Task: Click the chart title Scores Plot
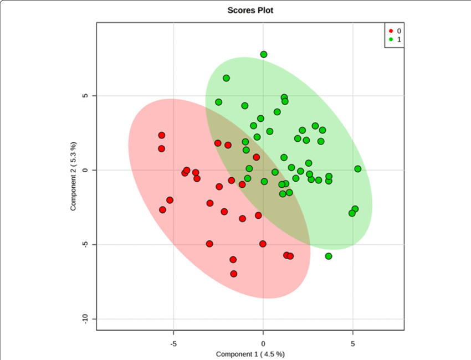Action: [x=250, y=11]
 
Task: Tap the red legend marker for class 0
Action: [x=391, y=31]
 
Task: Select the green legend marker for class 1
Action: [x=391, y=39]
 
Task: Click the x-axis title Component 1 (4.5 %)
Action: [x=250, y=354]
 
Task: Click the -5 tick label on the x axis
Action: [x=173, y=343]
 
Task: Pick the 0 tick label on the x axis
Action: [x=263, y=343]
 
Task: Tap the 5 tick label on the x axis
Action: [x=353, y=343]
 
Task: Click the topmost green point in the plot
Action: [x=264, y=54]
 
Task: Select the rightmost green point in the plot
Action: [x=358, y=169]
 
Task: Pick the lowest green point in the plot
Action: [x=329, y=256]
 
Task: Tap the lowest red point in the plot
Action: [x=234, y=274]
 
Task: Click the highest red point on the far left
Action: [x=162, y=135]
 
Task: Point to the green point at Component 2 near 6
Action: [x=226, y=78]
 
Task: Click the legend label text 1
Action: [x=398, y=39]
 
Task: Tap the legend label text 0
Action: [x=398, y=31]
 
